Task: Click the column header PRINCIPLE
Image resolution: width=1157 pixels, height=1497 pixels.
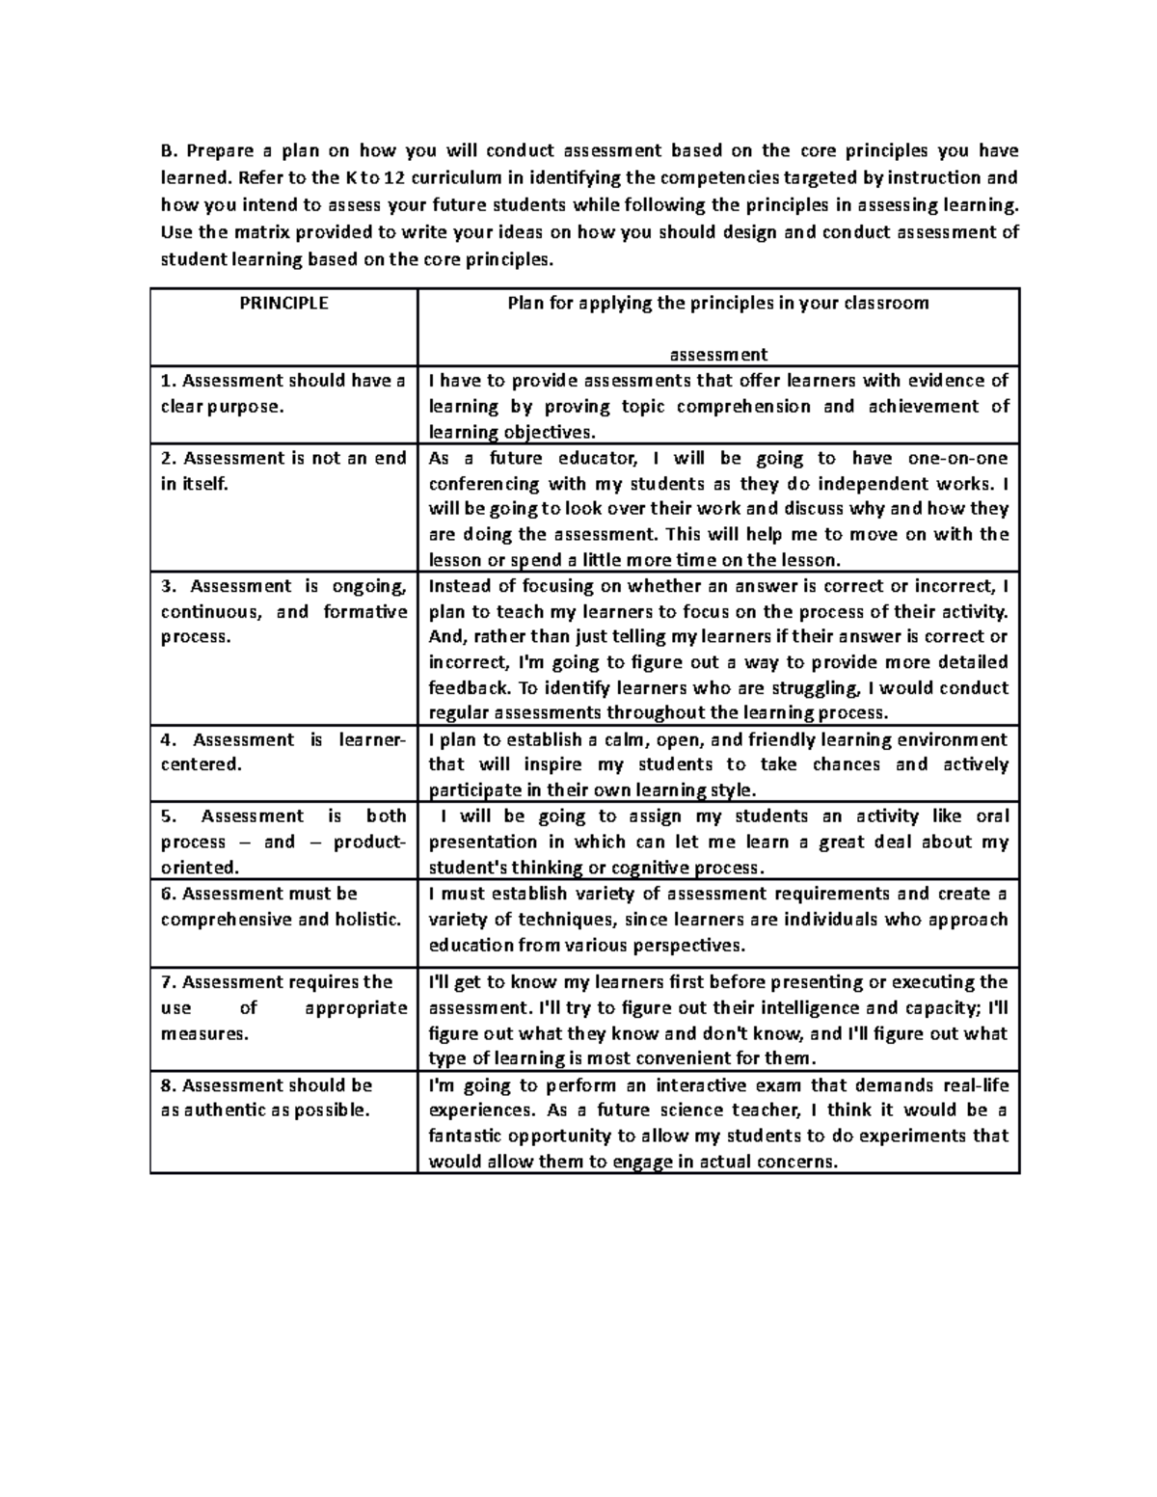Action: pyautogui.click(x=283, y=303)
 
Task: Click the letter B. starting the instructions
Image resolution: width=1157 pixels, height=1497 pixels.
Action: pyautogui.click(x=169, y=150)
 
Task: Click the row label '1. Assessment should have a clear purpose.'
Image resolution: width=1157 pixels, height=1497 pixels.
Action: pyautogui.click(x=283, y=393)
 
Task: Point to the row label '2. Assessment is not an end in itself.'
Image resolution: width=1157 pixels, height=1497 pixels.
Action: pyautogui.click(x=283, y=470)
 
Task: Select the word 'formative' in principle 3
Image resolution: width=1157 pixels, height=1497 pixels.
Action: pyautogui.click(x=365, y=611)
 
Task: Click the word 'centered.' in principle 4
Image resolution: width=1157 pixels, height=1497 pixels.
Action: pyautogui.click(x=200, y=764)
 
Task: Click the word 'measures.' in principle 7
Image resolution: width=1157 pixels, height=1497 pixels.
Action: pyautogui.click(x=204, y=1033)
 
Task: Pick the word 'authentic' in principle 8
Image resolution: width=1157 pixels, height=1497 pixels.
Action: pyautogui.click(x=225, y=1109)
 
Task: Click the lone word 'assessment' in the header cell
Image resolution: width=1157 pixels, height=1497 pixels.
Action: pyautogui.click(x=718, y=354)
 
